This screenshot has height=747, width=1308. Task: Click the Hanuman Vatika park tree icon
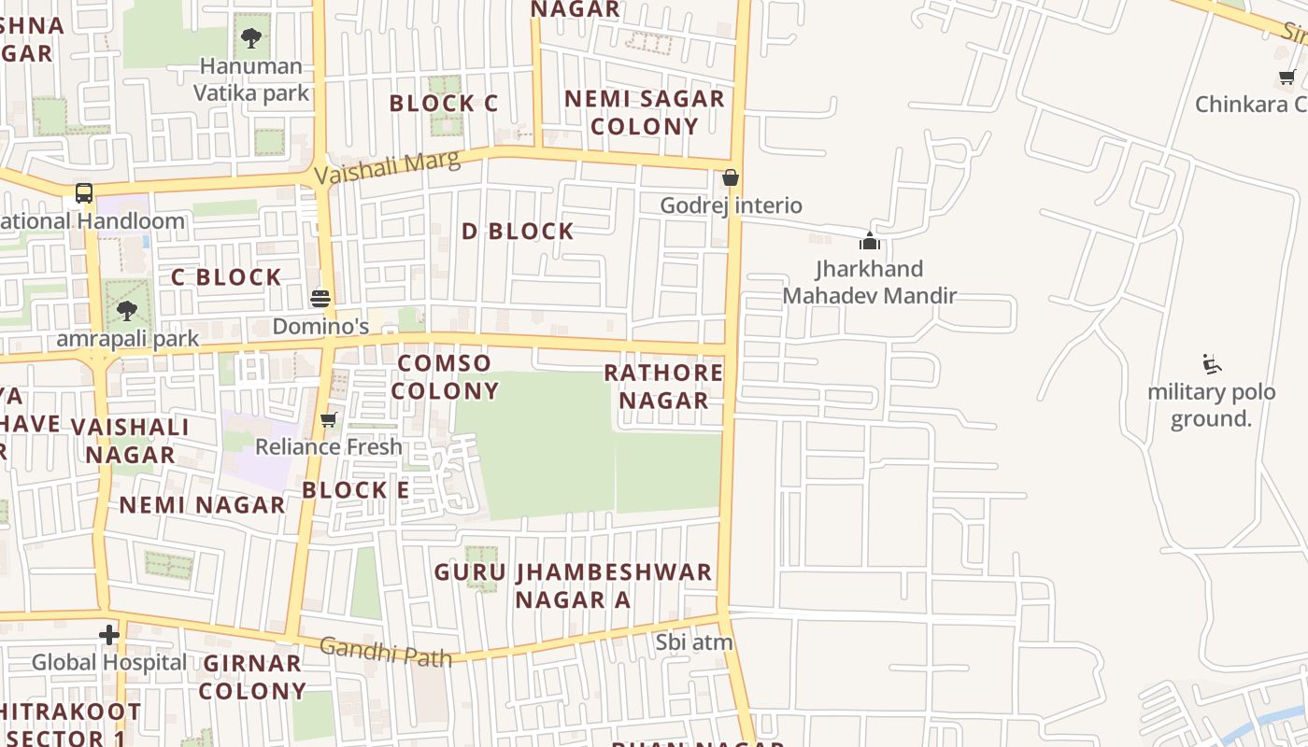pos(250,38)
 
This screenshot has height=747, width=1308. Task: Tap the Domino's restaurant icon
pos(320,299)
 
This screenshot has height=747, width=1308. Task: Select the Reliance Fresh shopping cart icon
pos(328,419)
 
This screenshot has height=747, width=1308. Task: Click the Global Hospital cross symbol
pos(109,635)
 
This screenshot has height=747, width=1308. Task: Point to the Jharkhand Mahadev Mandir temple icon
pos(870,241)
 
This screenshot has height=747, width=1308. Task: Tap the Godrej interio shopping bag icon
pos(731,177)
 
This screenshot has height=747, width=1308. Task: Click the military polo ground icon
pos(1212,363)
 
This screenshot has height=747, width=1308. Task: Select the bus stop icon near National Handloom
pos(84,193)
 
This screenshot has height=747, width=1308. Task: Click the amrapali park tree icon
pos(127,310)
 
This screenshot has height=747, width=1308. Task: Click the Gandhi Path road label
pos(385,651)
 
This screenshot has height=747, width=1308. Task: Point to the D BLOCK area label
pos(518,232)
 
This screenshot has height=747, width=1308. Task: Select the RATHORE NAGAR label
pos(663,387)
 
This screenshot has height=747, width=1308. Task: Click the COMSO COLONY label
pos(445,377)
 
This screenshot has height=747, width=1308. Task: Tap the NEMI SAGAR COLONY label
pos(645,112)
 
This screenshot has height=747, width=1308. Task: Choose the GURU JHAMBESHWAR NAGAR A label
pos(573,585)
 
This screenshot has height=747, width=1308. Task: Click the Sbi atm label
pos(693,642)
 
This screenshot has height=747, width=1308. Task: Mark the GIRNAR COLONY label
pos(252,677)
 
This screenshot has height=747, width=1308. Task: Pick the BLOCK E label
pos(355,490)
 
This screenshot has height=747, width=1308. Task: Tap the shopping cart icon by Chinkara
pos(1287,78)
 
